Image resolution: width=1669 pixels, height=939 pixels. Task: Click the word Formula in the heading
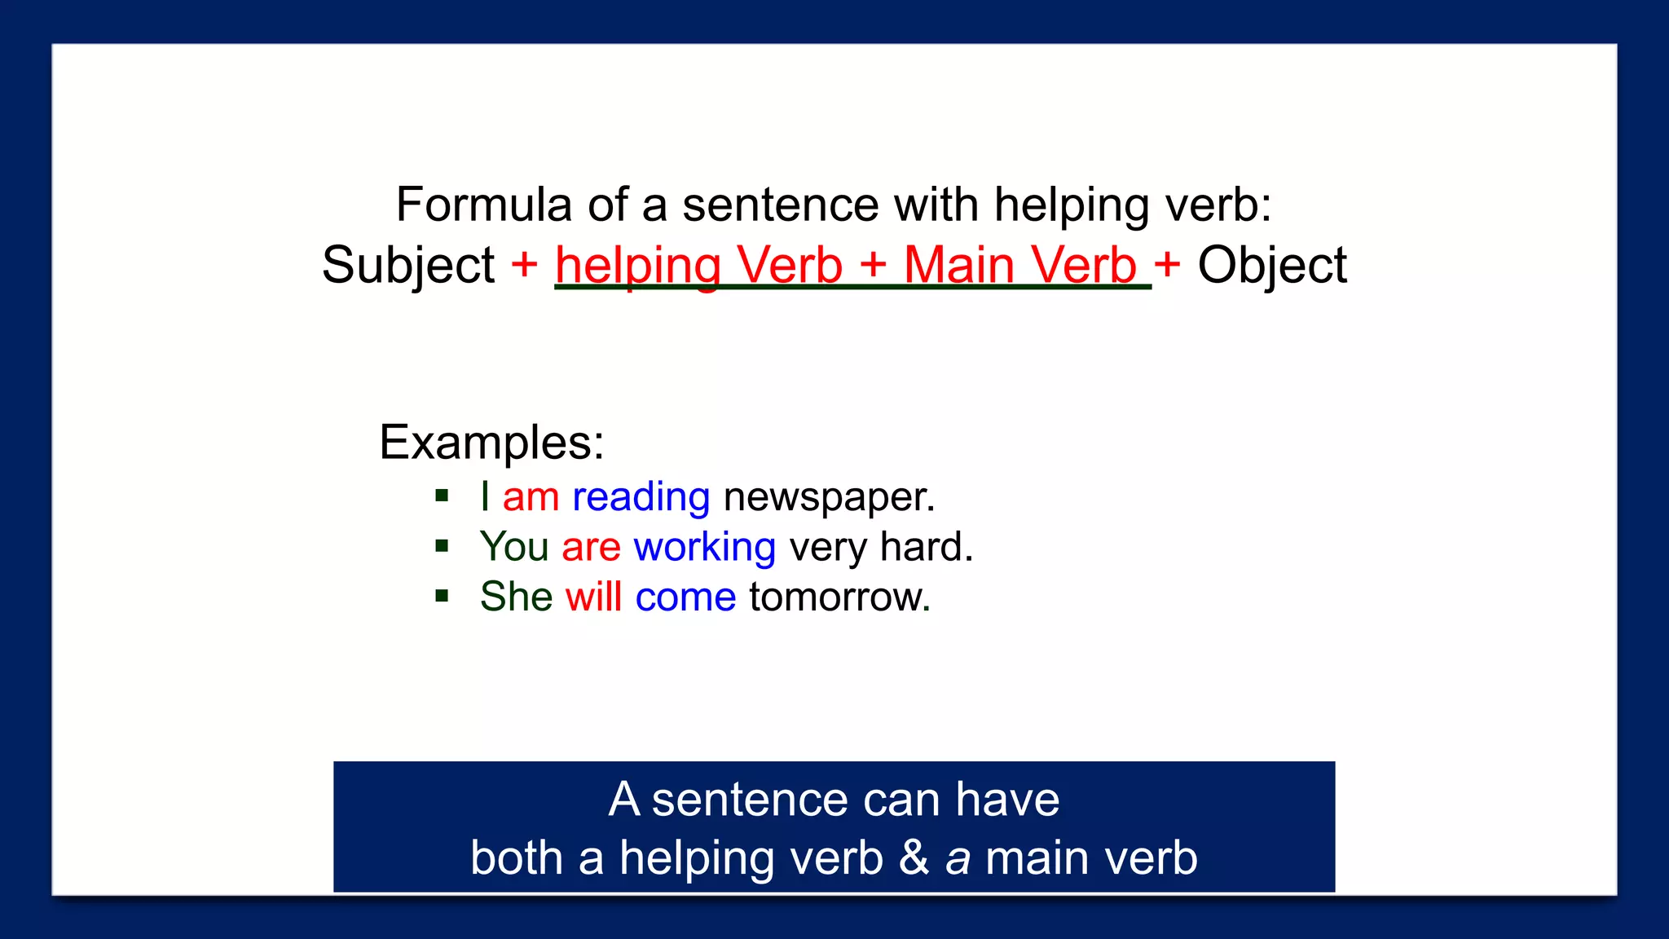(483, 204)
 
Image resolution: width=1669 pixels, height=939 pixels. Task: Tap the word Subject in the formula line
(407, 265)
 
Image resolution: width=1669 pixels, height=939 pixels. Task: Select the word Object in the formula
(1271, 265)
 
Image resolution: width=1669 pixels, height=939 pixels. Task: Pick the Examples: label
(491, 443)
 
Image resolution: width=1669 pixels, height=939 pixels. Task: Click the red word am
(531, 497)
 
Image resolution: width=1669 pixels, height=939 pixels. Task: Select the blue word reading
(641, 497)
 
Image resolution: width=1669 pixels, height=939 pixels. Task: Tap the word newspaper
(829, 497)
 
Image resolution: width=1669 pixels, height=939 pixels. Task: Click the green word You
(513, 547)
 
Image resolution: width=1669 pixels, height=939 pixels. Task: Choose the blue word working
(704, 547)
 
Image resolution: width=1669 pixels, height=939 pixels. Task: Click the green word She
(516, 597)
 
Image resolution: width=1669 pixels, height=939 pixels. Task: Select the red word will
(593, 597)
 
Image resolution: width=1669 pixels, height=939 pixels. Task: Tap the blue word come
(685, 597)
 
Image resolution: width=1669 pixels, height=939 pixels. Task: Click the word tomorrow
(839, 597)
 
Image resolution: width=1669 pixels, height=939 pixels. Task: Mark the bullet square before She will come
(442, 596)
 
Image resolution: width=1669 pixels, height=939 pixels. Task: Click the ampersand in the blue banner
(914, 858)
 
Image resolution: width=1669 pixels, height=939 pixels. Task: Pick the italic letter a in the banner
(958, 860)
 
